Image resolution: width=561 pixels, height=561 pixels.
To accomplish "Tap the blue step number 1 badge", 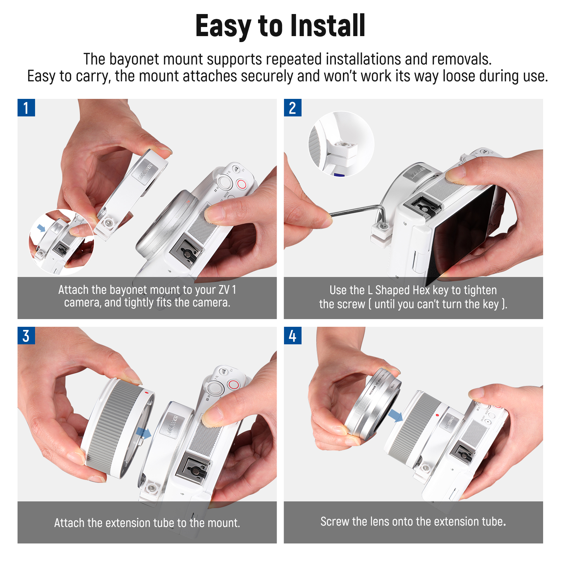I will [x=26, y=108].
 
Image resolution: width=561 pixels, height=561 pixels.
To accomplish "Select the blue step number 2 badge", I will [x=292, y=108].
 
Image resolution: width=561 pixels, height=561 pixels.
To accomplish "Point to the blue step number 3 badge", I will [x=26, y=336].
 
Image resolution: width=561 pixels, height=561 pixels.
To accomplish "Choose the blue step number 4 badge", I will [x=292, y=336].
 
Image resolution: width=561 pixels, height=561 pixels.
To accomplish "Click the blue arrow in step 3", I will [x=143, y=433].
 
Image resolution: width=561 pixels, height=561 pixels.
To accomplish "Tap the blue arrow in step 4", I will [x=396, y=416].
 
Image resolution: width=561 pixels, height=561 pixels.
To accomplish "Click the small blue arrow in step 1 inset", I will [x=41, y=228].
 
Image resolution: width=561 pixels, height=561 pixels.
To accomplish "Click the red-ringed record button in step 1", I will [x=242, y=184].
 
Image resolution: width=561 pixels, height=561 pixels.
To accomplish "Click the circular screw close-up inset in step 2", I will [x=341, y=144].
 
